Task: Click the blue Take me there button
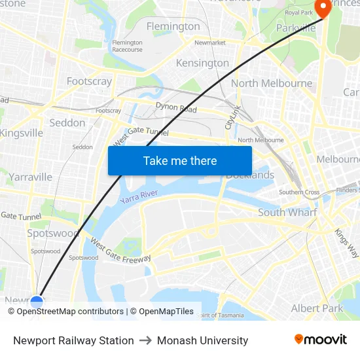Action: tap(180, 160)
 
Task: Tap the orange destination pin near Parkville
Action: tap(323, 8)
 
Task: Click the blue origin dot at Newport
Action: tap(37, 302)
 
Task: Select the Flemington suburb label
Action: tap(173, 26)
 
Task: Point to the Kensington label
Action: tap(202, 63)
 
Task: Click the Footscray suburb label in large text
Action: tap(89, 82)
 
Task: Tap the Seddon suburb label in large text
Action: tap(67, 122)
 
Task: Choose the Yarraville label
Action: tap(31, 177)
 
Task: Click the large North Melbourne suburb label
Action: tap(272, 83)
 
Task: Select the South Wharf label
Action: tap(287, 212)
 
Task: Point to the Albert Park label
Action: tap(317, 308)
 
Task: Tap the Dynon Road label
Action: tap(176, 107)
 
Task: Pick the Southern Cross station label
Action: tap(299, 192)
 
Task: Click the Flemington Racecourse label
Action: tap(127, 46)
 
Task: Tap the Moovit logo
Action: tap(321, 339)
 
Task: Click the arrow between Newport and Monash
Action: tap(145, 340)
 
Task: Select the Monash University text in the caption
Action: tap(202, 340)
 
